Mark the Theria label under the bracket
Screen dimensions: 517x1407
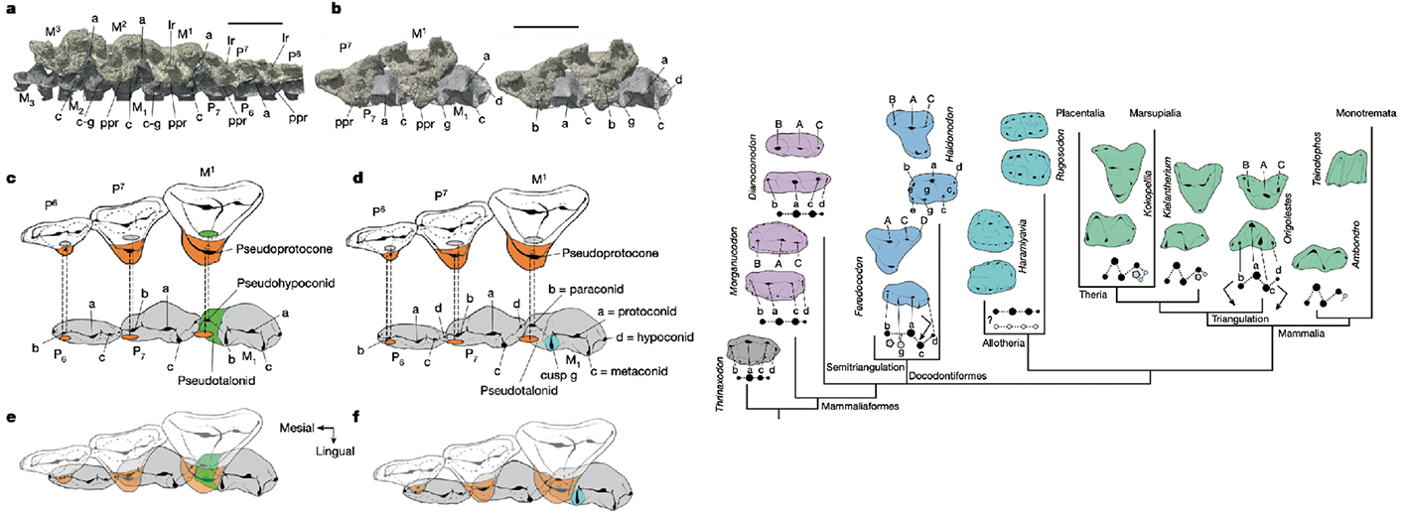[x=1095, y=294]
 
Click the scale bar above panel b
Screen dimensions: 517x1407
[x=545, y=27]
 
